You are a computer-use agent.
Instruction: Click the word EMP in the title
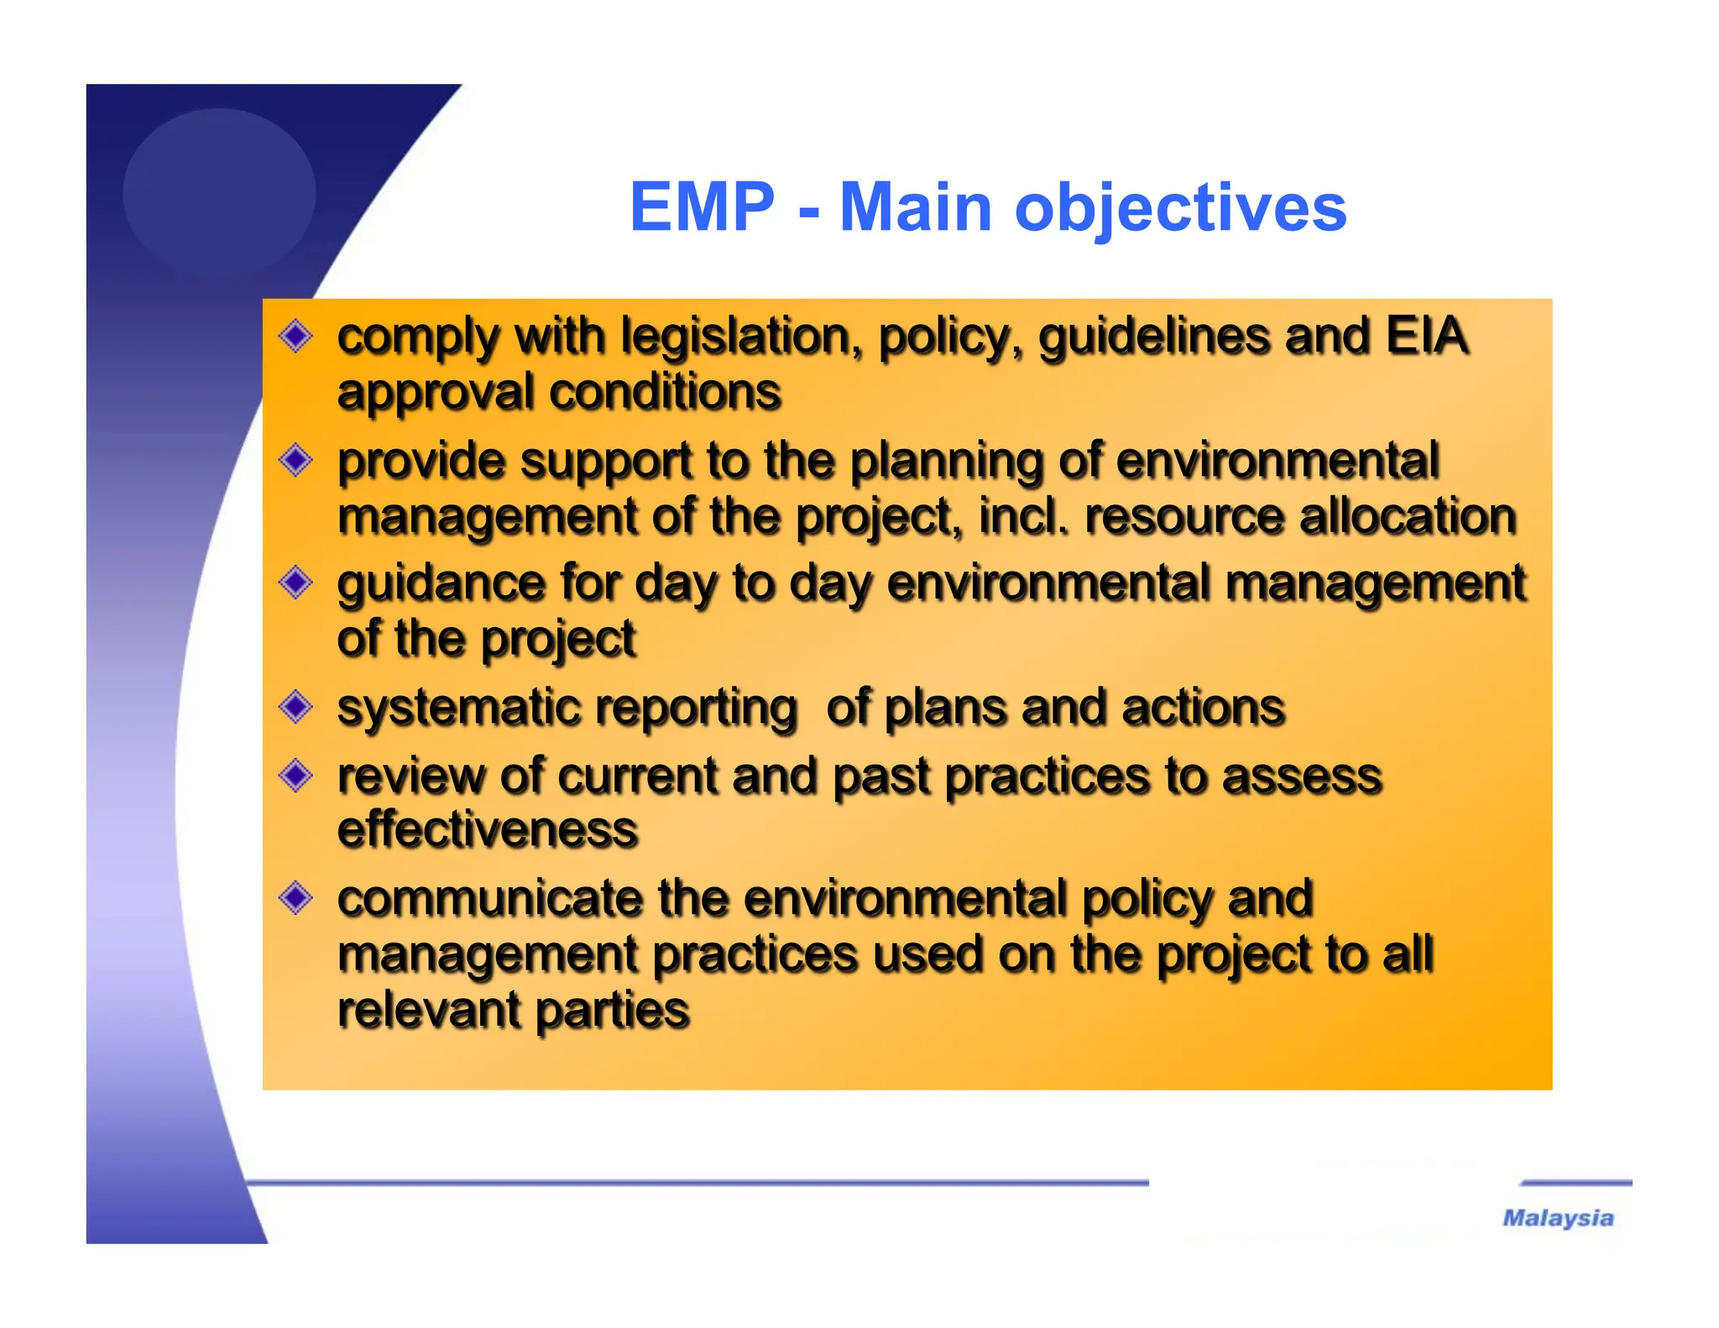[x=702, y=207]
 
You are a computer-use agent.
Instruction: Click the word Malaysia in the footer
[x=1558, y=1218]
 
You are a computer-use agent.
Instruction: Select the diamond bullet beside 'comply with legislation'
[x=295, y=337]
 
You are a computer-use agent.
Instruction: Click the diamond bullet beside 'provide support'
[x=295, y=460]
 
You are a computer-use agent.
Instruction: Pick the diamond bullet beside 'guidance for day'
[x=295, y=583]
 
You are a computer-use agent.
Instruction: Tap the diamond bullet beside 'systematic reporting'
[x=295, y=707]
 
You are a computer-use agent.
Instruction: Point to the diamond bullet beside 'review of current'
[x=295, y=775]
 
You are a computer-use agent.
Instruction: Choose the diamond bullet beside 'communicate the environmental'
[x=295, y=898]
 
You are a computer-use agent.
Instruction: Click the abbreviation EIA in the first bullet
[x=1426, y=336]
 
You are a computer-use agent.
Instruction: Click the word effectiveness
[x=488, y=830]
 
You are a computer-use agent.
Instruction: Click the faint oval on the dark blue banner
[x=219, y=191]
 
